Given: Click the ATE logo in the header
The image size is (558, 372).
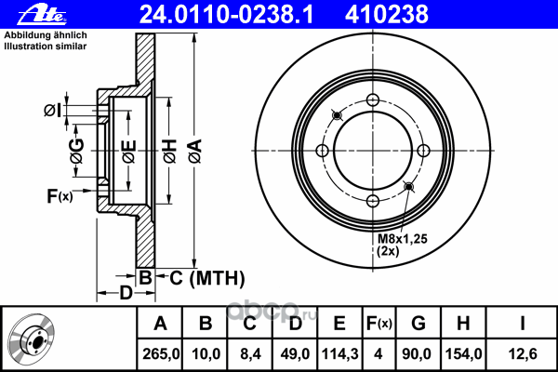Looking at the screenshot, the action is pyautogui.click(x=42, y=15).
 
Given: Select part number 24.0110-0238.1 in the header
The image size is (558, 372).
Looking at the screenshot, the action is pyautogui.click(x=227, y=15).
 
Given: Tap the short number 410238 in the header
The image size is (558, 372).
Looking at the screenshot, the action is pyautogui.click(x=387, y=15).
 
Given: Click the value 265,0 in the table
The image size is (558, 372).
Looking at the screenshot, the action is pyautogui.click(x=161, y=353).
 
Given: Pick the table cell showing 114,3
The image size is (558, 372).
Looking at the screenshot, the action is pyautogui.click(x=339, y=353).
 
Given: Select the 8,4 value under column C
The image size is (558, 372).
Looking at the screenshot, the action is pyautogui.click(x=250, y=353).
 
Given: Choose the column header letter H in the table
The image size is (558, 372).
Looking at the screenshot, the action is pyautogui.click(x=463, y=324).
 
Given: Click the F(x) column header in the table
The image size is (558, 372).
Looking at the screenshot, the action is pyautogui.click(x=379, y=324).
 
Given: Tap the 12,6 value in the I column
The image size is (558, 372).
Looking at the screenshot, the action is pyautogui.click(x=522, y=353).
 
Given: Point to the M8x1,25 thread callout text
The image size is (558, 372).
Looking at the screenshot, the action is pyautogui.click(x=402, y=238).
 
